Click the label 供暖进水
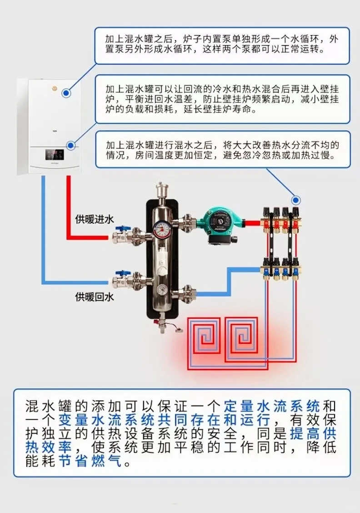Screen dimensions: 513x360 coord(94,219)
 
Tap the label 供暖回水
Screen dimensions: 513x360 coord(94,297)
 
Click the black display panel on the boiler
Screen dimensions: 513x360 coord(54,155)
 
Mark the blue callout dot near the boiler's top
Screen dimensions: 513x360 coord(66,93)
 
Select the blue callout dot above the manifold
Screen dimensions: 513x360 coord(296,200)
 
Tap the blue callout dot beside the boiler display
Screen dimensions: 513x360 coord(70,145)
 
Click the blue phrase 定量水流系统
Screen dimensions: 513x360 coord(271,405)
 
